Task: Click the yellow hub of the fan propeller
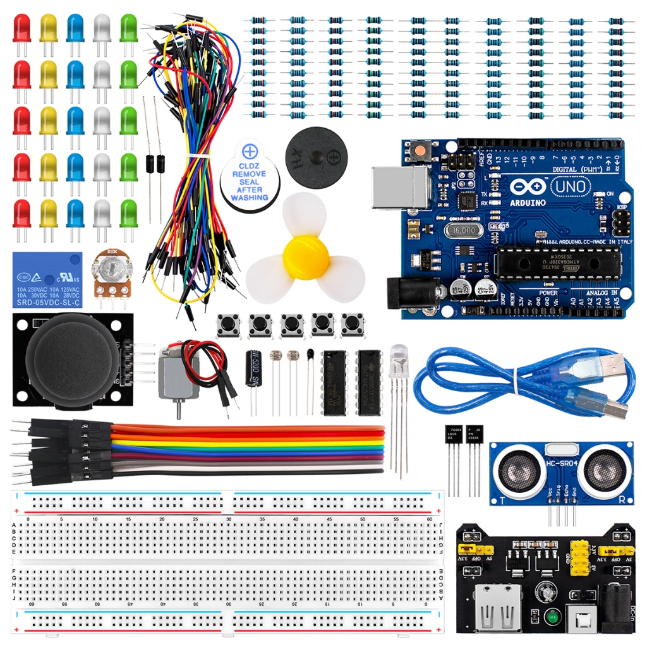tap(305, 253)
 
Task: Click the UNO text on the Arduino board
tap(570, 186)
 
